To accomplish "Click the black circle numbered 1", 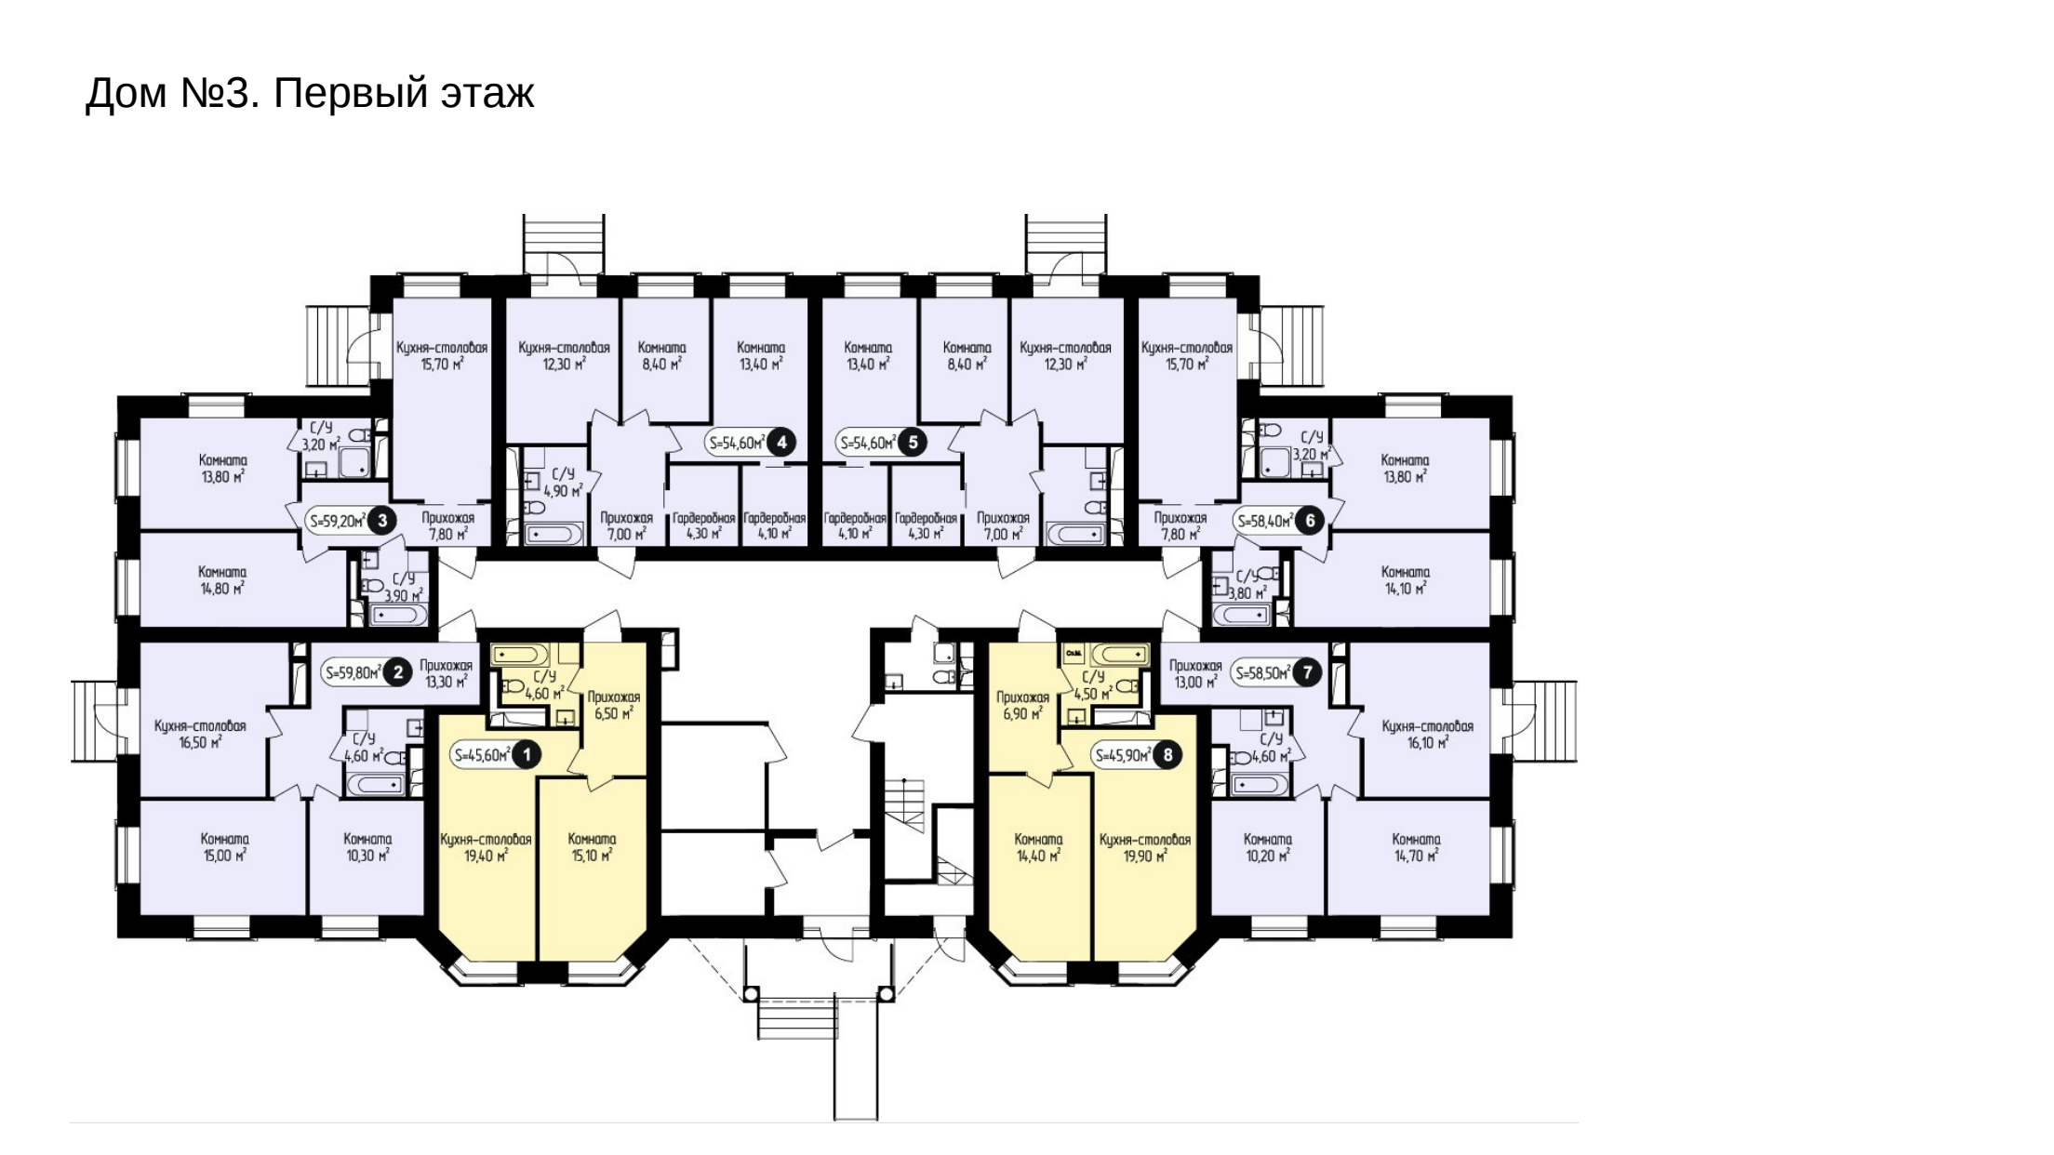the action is click(527, 755).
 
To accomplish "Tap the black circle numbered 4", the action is click(781, 443).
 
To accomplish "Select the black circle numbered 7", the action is click(1308, 672).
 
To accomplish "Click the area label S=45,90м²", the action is click(1124, 756).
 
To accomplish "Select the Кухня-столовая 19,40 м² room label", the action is click(486, 847).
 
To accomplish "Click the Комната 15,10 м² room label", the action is click(592, 847).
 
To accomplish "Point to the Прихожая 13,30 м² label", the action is click(447, 673).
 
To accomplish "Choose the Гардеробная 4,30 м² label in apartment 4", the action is click(704, 525).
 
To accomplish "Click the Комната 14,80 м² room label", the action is click(223, 579).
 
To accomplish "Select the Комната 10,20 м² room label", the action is click(1268, 847).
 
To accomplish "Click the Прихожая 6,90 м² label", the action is click(1022, 705).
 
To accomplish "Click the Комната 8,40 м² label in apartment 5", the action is click(967, 355).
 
